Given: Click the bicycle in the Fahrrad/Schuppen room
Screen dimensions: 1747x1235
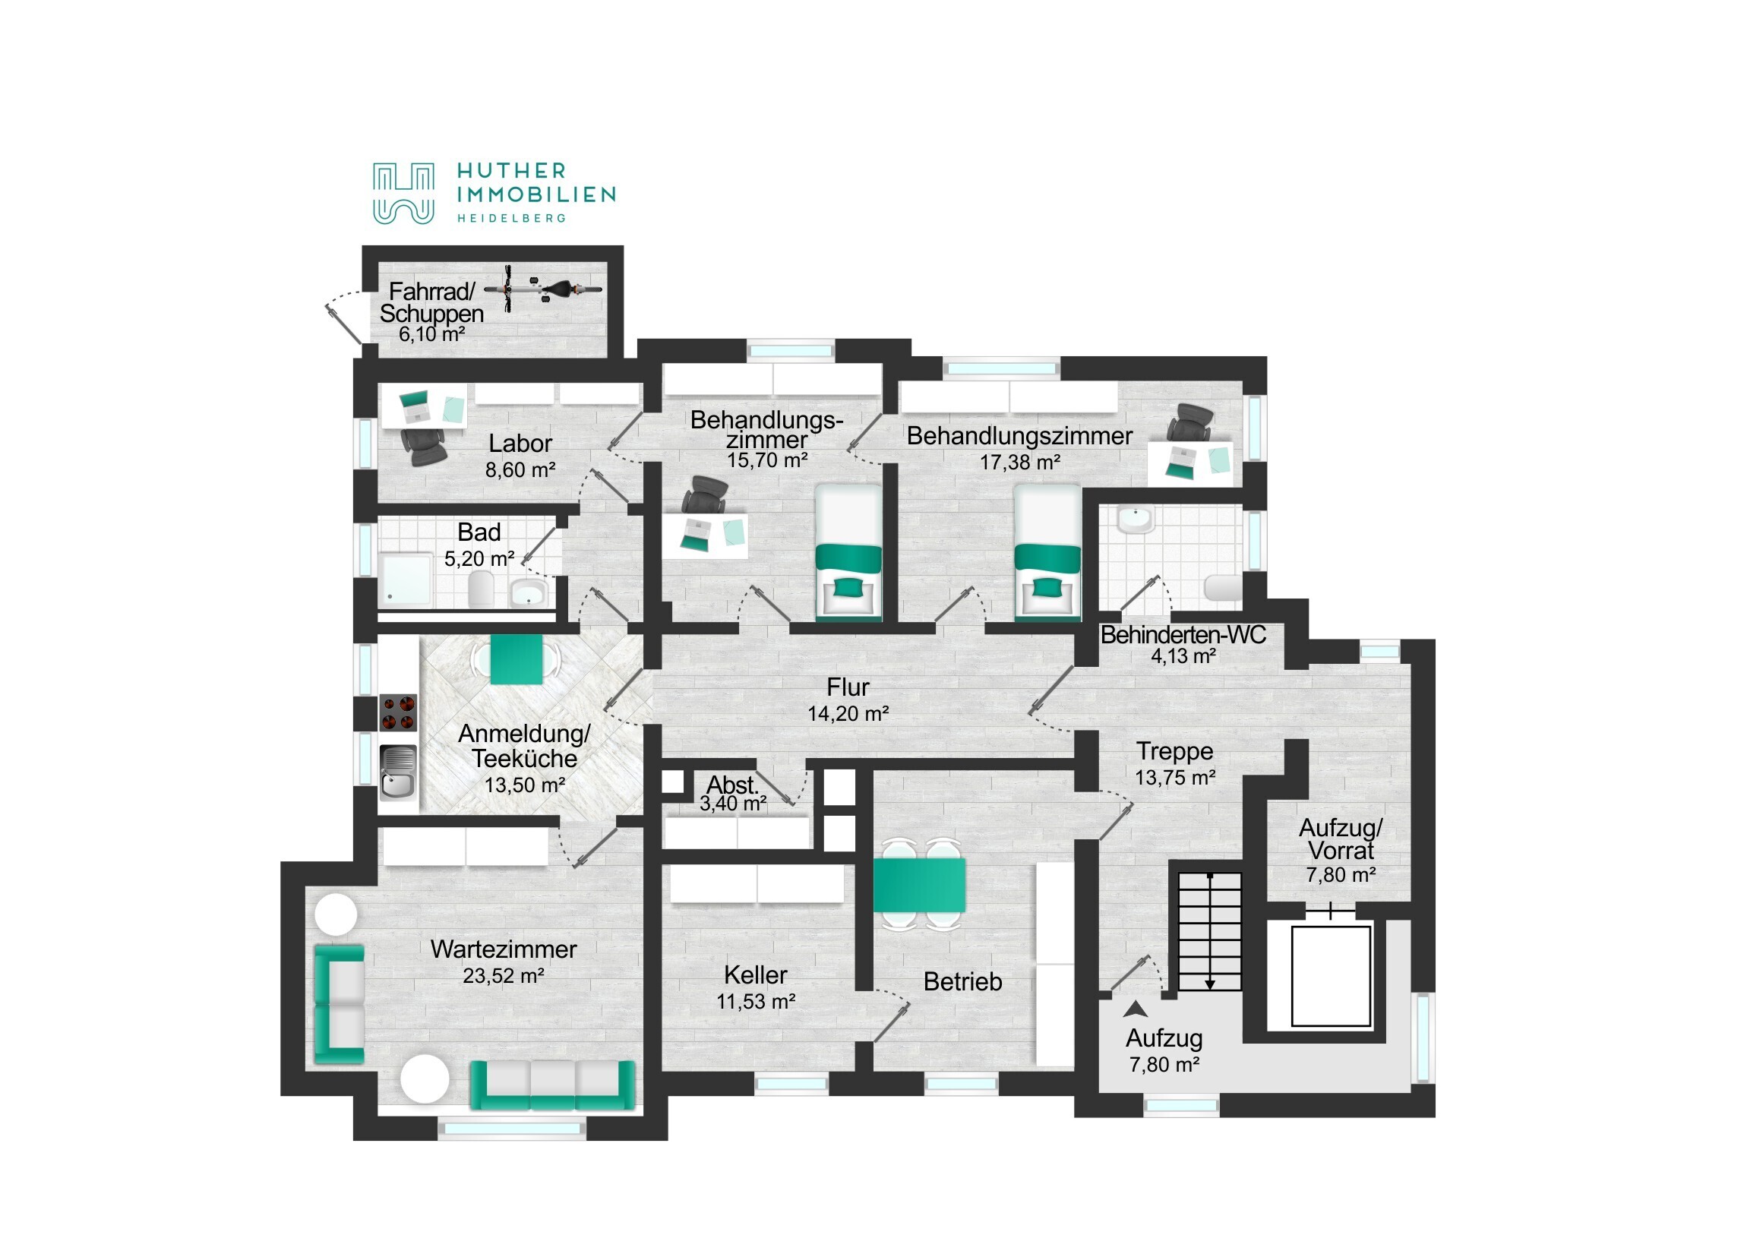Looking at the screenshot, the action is coord(542,289).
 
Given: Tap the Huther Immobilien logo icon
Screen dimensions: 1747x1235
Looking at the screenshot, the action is coord(403,193).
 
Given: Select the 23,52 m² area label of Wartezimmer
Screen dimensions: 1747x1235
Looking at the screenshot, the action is coord(503,975).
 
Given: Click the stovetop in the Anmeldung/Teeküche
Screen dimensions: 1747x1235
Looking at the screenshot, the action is coord(398,712).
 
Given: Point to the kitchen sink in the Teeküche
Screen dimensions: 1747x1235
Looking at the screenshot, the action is coord(398,772).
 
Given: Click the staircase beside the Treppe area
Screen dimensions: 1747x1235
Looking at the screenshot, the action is coord(1210,931).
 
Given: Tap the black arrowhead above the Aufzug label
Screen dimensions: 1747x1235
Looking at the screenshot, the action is coord(1136,1009).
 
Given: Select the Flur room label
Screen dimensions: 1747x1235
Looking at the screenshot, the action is coord(848,687).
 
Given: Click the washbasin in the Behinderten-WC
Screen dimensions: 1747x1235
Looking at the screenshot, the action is coord(1136,520).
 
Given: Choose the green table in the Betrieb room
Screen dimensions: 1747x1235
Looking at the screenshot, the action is coord(919,885).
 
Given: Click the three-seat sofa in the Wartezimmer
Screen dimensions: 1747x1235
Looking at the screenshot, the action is coord(552,1085).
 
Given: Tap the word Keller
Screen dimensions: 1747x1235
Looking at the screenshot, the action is coord(756,974).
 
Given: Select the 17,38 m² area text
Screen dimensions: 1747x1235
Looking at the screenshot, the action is coord(1019,462).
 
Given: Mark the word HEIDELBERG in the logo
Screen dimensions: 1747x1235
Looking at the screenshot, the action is coord(511,219).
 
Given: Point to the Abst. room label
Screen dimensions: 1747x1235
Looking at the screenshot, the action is coord(733,785).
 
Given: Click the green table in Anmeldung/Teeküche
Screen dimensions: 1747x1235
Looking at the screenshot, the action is coord(517,659).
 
